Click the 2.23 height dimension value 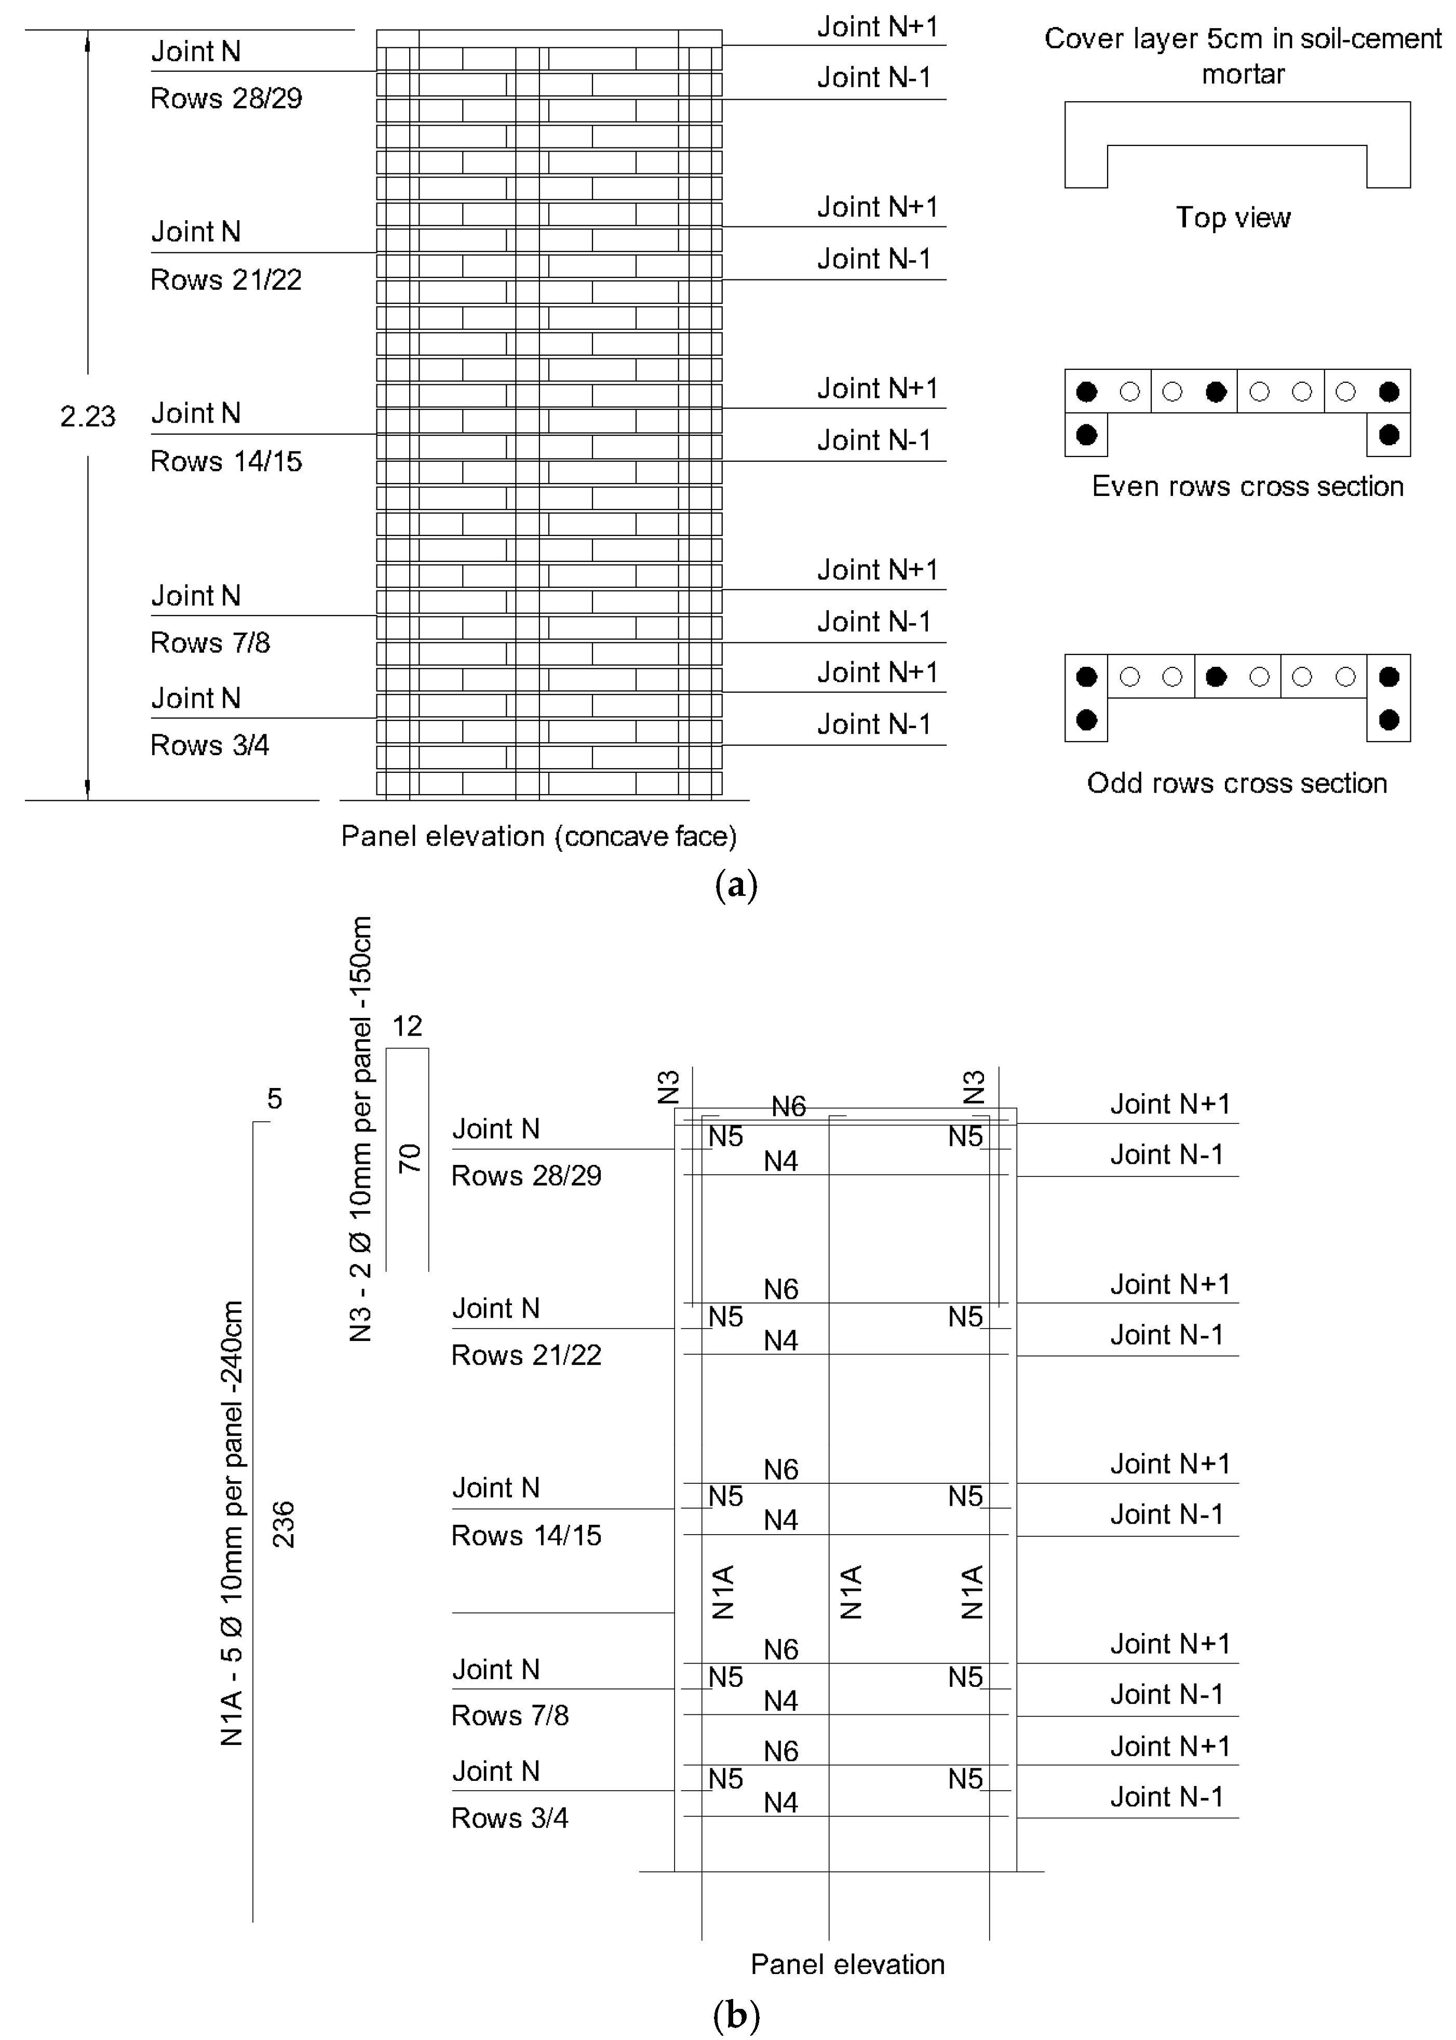tap(88, 416)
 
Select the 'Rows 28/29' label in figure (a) tap(226, 99)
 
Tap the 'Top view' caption tap(1233, 218)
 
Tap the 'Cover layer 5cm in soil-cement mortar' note tap(1243, 56)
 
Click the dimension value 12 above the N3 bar tap(407, 1026)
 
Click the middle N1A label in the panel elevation tap(851, 1592)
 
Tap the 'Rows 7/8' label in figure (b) tap(509, 1715)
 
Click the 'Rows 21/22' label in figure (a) tap(226, 280)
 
